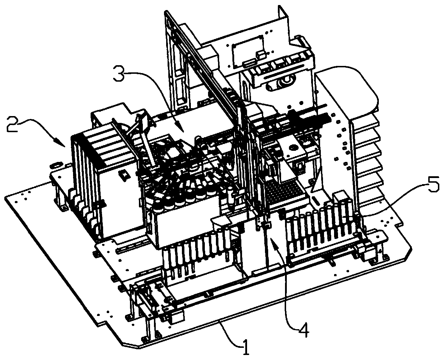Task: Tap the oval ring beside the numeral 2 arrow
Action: coord(56,165)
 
